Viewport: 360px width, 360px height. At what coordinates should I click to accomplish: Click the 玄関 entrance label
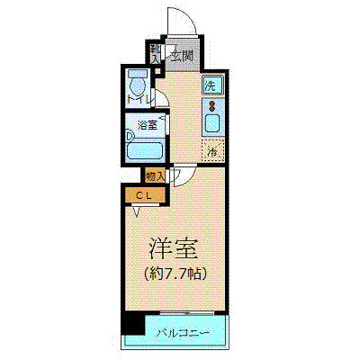pos(183,56)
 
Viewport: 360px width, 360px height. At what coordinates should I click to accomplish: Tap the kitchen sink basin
pos(213,122)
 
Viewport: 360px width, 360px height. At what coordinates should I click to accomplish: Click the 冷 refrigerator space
pos(213,151)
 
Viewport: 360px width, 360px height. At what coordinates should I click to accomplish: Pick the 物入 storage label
pos(154,175)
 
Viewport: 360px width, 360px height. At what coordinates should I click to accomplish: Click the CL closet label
pos(142,193)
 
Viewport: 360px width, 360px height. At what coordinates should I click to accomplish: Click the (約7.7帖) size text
pos(172,271)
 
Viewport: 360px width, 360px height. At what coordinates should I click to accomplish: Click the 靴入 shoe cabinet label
pos(156,55)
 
